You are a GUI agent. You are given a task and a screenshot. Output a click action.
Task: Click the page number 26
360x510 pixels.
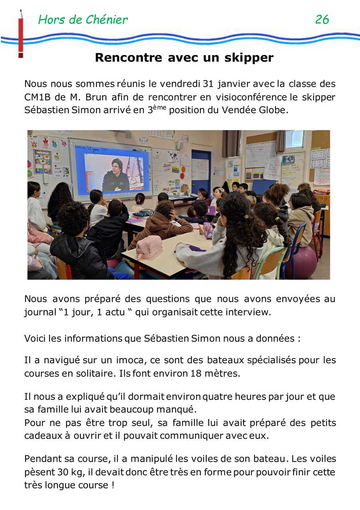pos(322,19)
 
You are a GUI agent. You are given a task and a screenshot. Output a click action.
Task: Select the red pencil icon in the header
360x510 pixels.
pos(20,34)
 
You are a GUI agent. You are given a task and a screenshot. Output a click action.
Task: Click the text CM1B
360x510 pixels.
pos(38,97)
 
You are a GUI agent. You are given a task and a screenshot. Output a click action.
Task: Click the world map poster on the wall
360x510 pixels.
pos(173,156)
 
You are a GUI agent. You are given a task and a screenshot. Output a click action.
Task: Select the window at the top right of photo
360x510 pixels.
pos(294,139)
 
